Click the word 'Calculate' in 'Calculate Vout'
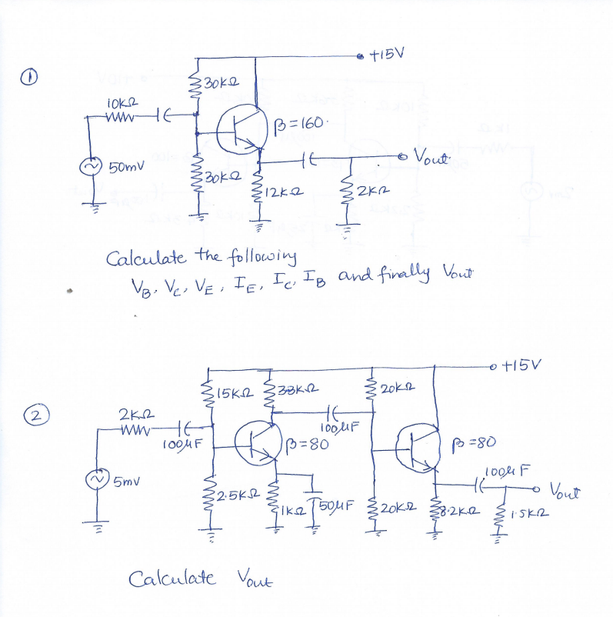pyautogui.click(x=174, y=577)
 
